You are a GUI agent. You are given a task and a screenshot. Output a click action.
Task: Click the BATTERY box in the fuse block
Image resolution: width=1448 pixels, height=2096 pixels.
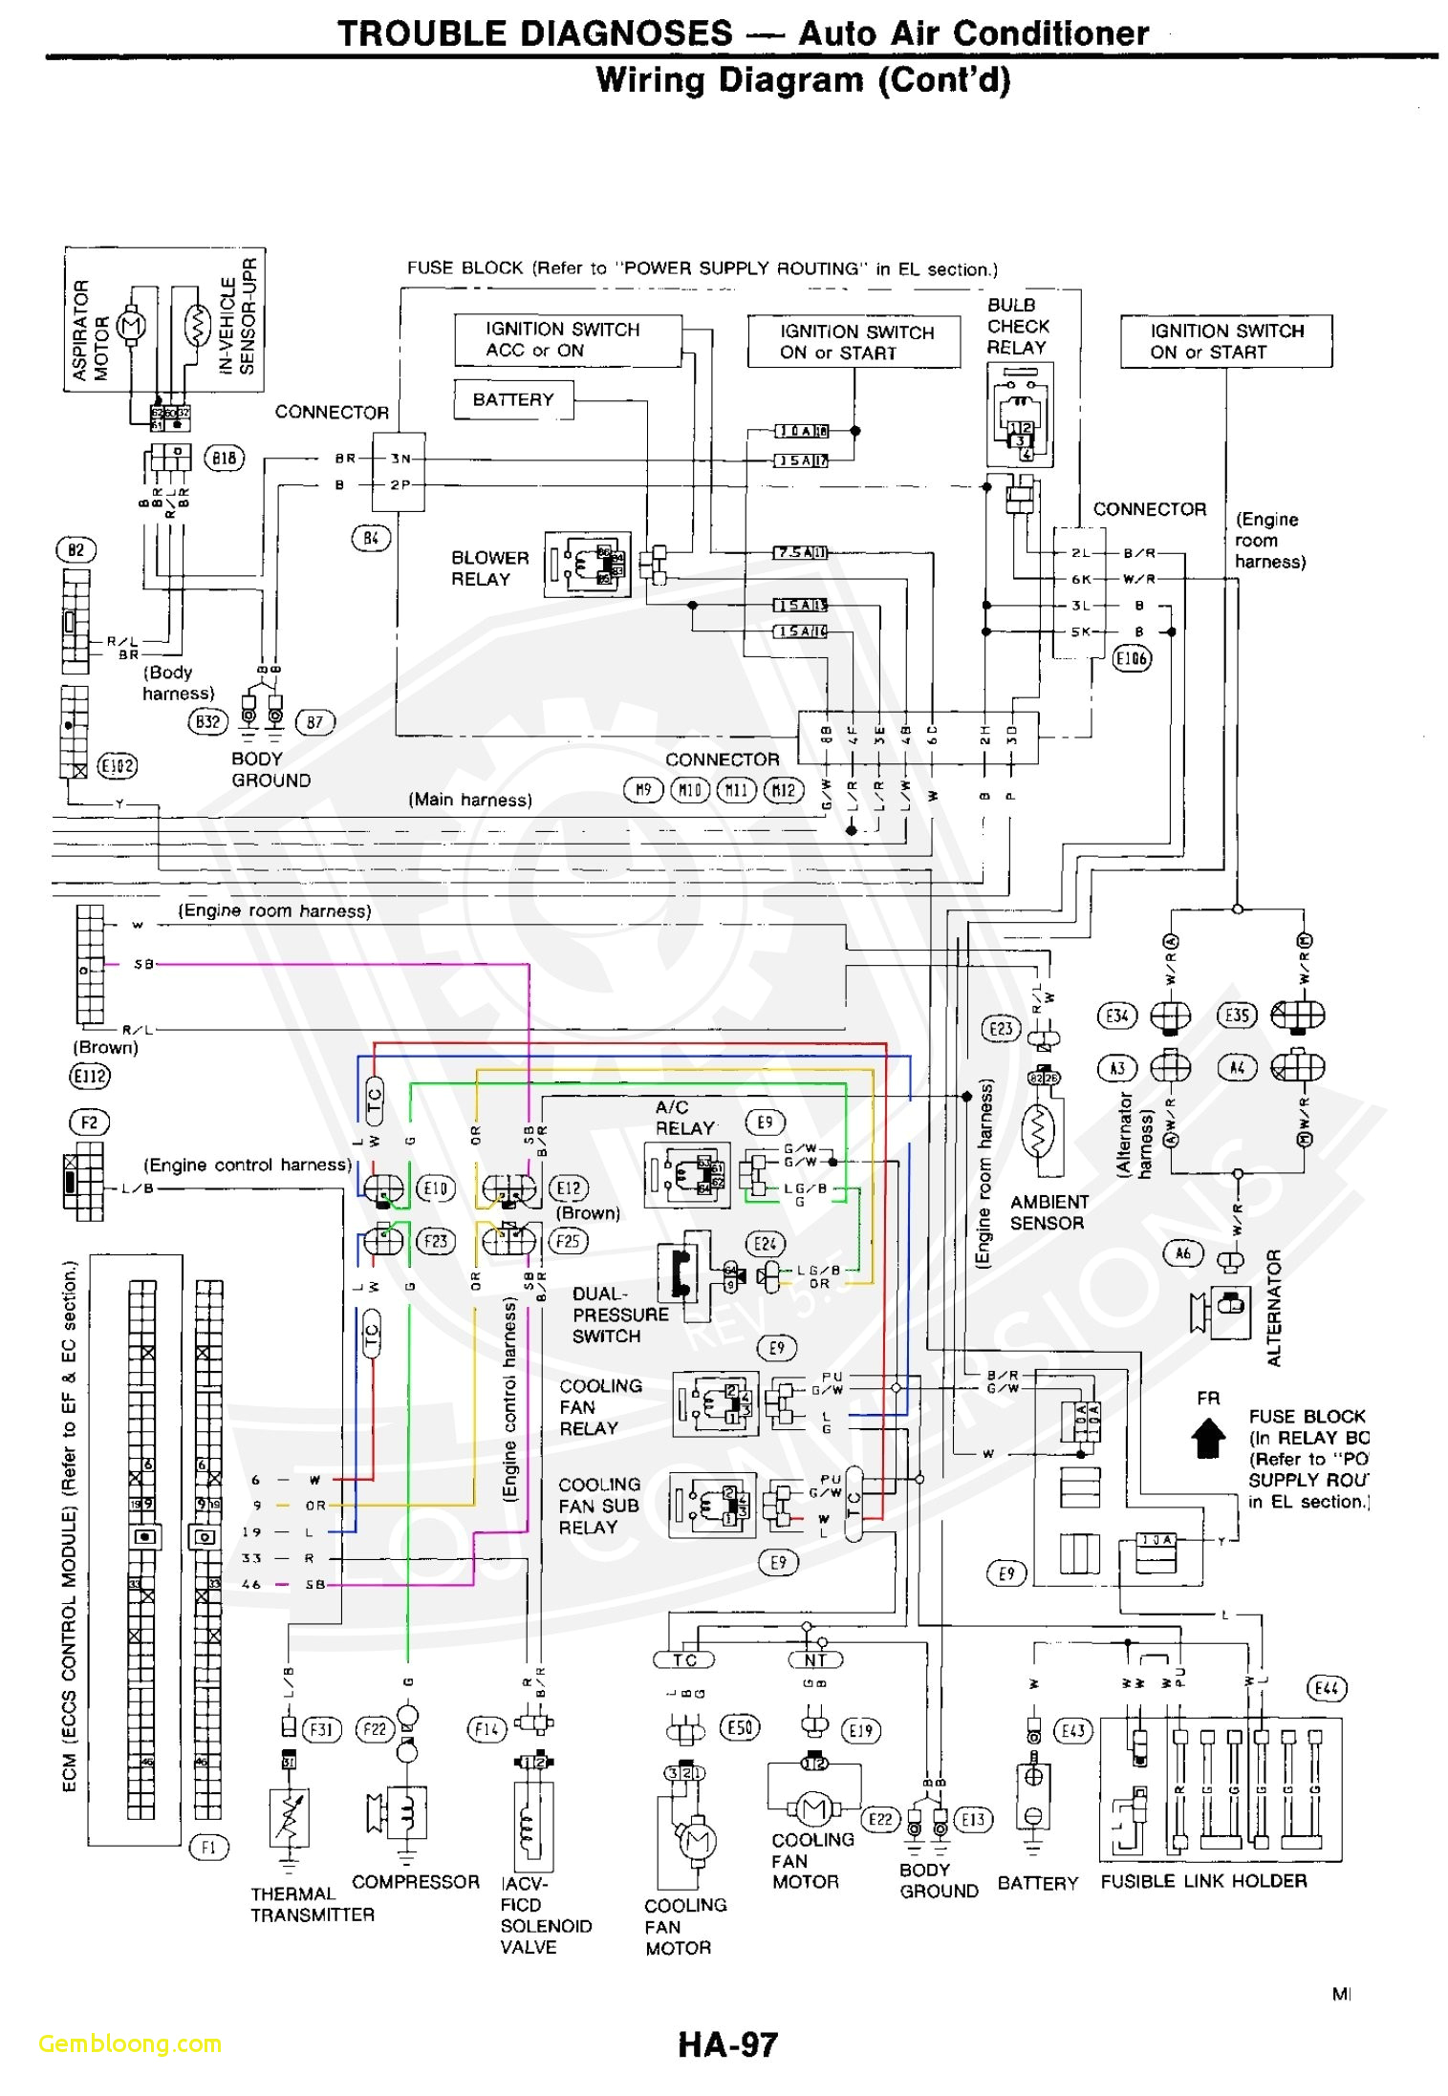point(512,399)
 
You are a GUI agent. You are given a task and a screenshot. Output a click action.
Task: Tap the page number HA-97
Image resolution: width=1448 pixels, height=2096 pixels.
point(727,2044)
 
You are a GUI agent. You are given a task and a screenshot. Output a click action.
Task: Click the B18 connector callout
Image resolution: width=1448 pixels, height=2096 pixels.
point(224,458)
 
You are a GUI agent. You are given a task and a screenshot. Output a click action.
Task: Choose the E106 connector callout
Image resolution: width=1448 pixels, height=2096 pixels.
point(1132,658)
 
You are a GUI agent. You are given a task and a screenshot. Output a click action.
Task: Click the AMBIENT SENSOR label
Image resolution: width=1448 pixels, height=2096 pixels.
point(1048,1212)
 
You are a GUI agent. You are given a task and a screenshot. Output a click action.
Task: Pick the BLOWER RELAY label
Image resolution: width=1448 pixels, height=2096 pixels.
point(489,568)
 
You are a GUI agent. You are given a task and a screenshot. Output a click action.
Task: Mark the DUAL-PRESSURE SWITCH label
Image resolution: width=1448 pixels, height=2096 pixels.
point(619,1315)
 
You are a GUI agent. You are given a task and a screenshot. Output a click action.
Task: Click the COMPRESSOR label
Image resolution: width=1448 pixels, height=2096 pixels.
point(415,1881)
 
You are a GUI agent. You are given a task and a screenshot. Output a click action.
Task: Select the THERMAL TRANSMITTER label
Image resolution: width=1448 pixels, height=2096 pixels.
point(312,1904)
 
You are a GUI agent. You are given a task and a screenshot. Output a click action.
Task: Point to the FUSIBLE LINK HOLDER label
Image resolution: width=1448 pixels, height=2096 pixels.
point(1202,1880)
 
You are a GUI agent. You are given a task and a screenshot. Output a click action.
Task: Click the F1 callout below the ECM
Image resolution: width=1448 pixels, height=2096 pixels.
point(207,1847)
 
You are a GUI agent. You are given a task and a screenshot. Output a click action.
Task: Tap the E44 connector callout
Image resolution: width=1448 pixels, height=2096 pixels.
point(1326,1688)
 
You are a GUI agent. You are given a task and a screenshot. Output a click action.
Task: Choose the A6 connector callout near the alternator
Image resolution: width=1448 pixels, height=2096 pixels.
point(1182,1253)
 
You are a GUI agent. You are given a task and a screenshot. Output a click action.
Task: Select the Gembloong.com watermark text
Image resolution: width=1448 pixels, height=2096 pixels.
point(130,2043)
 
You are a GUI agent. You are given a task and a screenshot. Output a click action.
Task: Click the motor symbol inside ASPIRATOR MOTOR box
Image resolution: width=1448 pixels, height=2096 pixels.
point(131,327)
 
